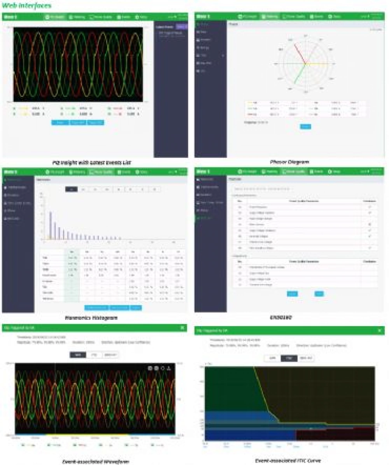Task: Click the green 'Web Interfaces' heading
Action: [x=26, y=5]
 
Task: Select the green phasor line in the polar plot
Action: [x=300, y=74]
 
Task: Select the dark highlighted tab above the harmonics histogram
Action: [x=71, y=189]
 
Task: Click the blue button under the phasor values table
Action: [x=305, y=126]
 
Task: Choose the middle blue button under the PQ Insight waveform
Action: [x=77, y=122]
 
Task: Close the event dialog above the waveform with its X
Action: [x=182, y=328]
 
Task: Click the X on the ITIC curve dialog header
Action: [x=380, y=330]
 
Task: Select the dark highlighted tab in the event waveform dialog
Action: [x=78, y=355]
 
